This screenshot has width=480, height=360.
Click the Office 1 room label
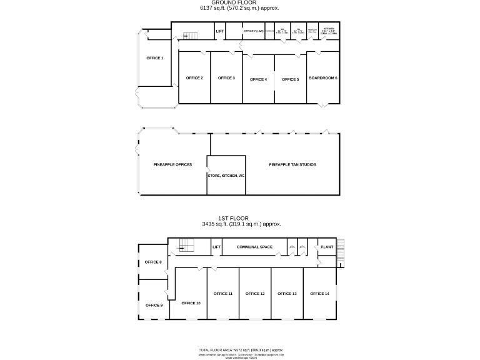coord(154,58)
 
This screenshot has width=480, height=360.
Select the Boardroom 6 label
coord(323,78)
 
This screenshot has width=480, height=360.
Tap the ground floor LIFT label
coord(220,31)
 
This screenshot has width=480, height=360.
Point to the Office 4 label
coord(258,79)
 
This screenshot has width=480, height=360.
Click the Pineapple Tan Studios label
coord(292,164)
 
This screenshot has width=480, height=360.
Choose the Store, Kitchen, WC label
coord(226,176)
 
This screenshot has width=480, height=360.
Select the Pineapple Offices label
coord(172,164)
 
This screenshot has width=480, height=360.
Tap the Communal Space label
coord(254,247)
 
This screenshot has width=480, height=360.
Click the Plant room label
coord(327,247)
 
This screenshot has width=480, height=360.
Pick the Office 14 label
coord(319,293)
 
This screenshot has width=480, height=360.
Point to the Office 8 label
coord(153,262)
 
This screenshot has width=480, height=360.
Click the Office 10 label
coord(191,302)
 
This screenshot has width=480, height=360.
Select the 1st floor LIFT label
coord(217,247)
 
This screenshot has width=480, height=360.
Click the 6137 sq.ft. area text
coord(239,8)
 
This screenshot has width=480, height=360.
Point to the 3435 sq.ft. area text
coord(241,224)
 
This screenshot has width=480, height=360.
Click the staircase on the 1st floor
coord(186,246)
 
